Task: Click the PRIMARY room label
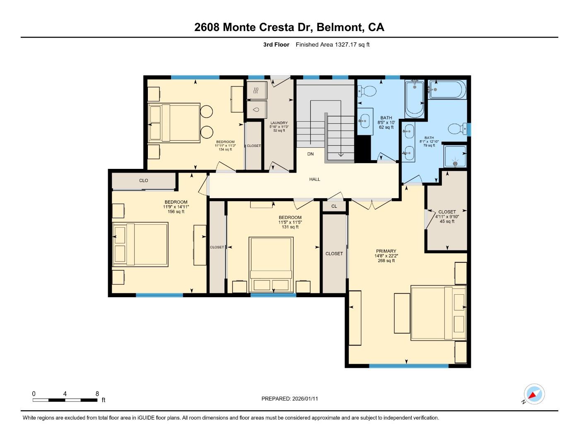point(386,251)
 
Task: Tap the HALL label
point(315,179)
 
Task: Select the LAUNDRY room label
point(279,123)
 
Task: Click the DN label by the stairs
point(311,154)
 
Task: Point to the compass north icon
point(534,394)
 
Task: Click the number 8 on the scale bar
point(97,394)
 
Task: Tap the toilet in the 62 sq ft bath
point(367,91)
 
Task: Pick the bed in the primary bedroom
point(438,313)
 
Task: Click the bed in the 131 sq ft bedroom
point(271,264)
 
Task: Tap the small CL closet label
point(334,206)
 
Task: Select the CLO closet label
point(144,180)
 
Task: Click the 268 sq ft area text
point(386,261)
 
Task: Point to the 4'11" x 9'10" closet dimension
point(447,216)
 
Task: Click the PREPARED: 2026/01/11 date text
point(289,399)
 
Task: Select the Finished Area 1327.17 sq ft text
point(332,45)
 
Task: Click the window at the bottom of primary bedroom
point(408,366)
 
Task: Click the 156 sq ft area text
point(176,211)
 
